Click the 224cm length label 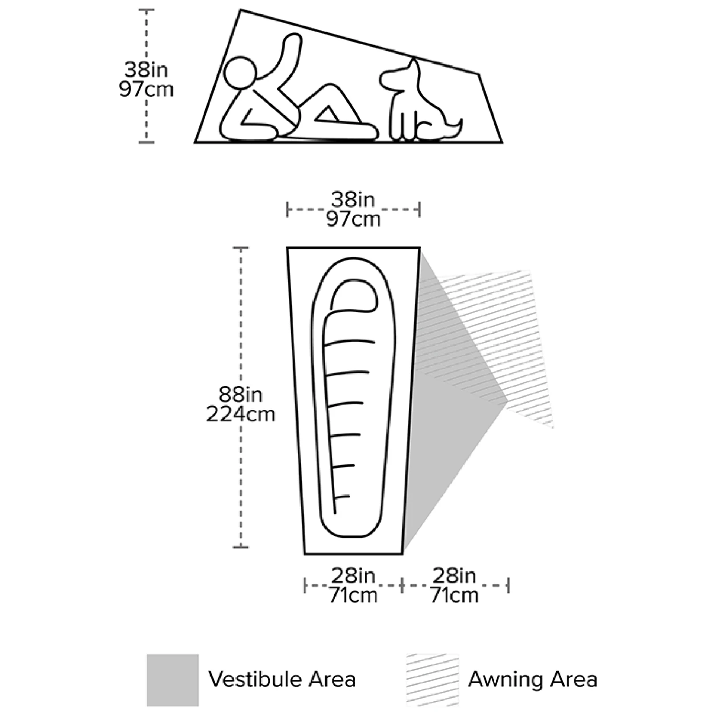click(x=241, y=415)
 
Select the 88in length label click(x=241, y=395)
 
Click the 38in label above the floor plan click(x=353, y=200)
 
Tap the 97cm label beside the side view click(x=146, y=90)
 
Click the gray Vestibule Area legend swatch click(x=173, y=680)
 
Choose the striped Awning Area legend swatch click(x=433, y=680)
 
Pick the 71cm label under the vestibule click(x=454, y=595)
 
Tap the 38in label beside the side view click(x=146, y=70)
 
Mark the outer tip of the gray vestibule click(x=508, y=401)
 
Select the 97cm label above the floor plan click(x=353, y=220)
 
